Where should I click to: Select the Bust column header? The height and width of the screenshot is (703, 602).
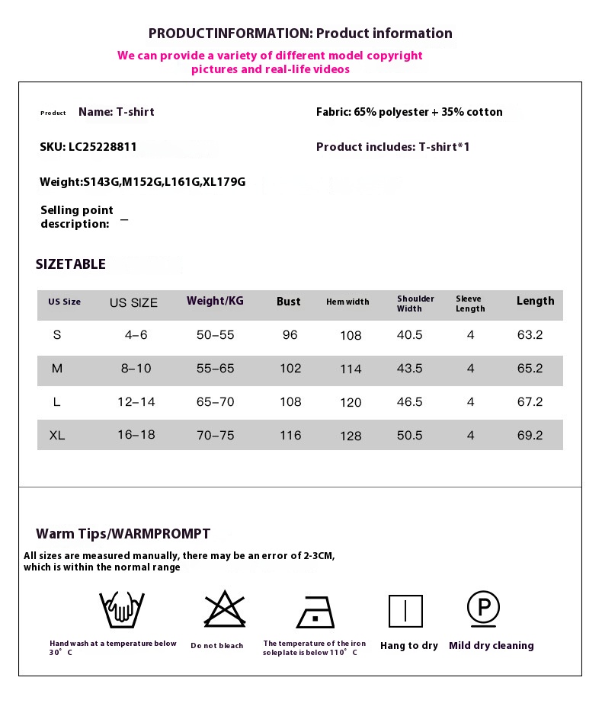pyautogui.click(x=288, y=302)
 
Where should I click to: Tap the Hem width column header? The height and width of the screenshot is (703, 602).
pyautogui.click(x=347, y=302)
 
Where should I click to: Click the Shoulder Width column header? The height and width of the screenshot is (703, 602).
pyautogui.click(x=415, y=304)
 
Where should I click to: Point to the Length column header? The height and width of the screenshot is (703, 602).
pyautogui.click(x=535, y=301)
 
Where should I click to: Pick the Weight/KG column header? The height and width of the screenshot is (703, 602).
pyautogui.click(x=215, y=301)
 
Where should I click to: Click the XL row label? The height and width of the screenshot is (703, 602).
pyautogui.click(x=56, y=436)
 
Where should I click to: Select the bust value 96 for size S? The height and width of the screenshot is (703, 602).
pyautogui.click(x=290, y=335)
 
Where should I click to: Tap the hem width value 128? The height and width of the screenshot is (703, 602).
pyautogui.click(x=351, y=436)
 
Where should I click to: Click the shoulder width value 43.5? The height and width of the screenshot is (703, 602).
pyautogui.click(x=409, y=369)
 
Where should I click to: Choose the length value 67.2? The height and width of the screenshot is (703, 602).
pyautogui.click(x=530, y=402)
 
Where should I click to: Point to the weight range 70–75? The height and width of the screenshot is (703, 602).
pyautogui.click(x=215, y=436)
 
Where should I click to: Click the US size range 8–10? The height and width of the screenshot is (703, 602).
pyautogui.click(x=136, y=369)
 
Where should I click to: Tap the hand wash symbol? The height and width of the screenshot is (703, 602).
pyautogui.click(x=122, y=609)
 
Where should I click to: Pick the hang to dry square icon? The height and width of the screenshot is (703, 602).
pyautogui.click(x=405, y=611)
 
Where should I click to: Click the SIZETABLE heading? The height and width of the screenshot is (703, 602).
pyautogui.click(x=71, y=264)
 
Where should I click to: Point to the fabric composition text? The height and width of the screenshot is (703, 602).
pyautogui.click(x=409, y=112)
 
